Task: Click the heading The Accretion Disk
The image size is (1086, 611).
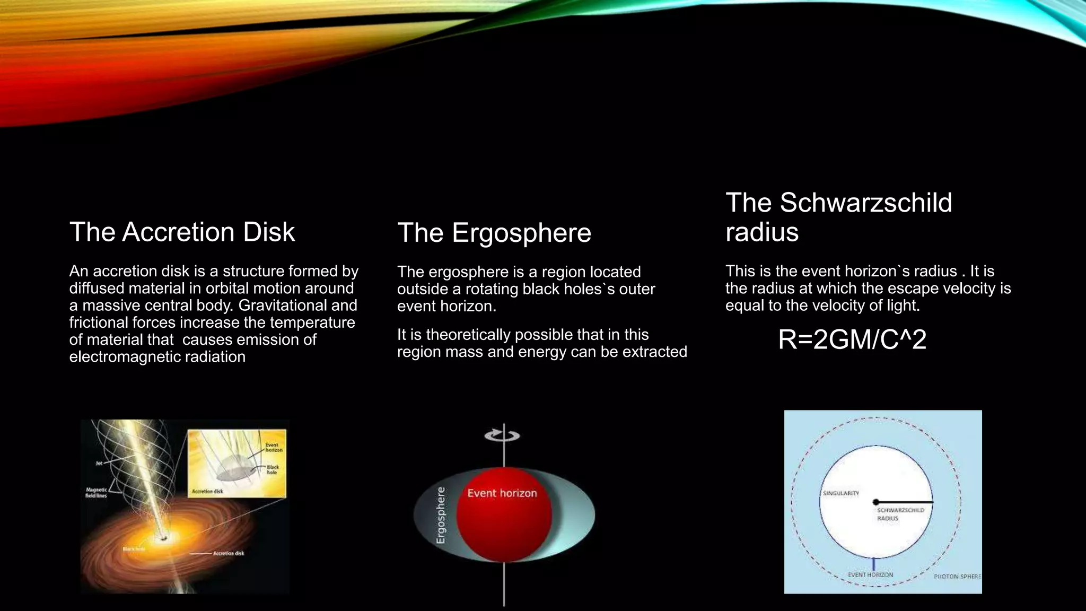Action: (x=182, y=232)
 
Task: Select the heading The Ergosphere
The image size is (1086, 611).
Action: (x=494, y=233)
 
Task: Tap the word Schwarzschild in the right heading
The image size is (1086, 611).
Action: (x=865, y=203)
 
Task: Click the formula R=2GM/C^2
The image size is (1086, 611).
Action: (x=852, y=339)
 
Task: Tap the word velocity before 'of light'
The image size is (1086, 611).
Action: (x=854, y=305)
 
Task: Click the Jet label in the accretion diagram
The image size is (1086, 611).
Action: (x=99, y=463)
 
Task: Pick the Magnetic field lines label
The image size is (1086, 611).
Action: (x=96, y=493)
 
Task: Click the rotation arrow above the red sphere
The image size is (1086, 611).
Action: (x=502, y=435)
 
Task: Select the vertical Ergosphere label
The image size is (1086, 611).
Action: (x=441, y=515)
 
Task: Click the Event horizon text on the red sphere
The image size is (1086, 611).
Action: (x=502, y=493)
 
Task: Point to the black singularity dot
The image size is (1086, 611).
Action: (x=876, y=502)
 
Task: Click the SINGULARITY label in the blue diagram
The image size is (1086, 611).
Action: (x=840, y=493)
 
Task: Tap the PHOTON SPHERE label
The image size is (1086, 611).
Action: (x=957, y=576)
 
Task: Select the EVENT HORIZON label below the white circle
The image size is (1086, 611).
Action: (x=870, y=574)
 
